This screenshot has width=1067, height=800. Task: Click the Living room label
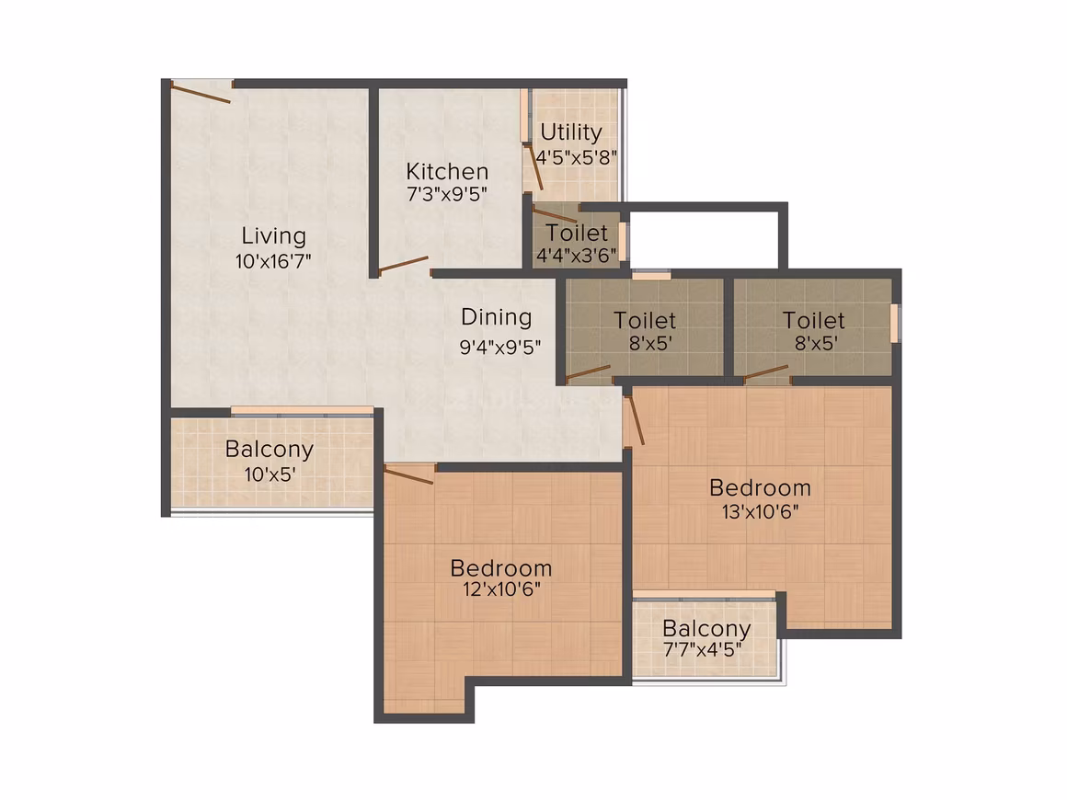pos(273,236)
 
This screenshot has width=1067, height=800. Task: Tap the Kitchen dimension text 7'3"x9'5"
pos(447,195)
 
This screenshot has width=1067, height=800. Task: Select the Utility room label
pos(571,132)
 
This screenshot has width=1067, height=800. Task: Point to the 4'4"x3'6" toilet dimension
pos(577,255)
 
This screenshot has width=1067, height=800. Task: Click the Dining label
pos(496,317)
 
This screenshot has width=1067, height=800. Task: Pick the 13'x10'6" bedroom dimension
pos(760,511)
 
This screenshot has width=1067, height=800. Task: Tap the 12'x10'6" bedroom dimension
pos(501,589)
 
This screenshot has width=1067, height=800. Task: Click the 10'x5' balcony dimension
pos(270,474)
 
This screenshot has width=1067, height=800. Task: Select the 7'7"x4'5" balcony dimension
pos(702,650)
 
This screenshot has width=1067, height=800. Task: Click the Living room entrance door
pos(201,93)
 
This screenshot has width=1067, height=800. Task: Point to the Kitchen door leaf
pos(404,265)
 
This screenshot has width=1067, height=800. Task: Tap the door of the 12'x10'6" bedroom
pos(409,474)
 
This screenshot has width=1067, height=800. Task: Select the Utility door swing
pos(534,166)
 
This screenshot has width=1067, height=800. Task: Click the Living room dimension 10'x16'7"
pos(273,261)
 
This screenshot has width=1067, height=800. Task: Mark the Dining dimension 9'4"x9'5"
pos(500,348)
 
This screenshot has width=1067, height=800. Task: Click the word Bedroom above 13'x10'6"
pos(760,487)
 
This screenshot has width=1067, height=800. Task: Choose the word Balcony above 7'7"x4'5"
pos(706,629)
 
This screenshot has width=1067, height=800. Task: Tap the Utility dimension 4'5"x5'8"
pos(577,158)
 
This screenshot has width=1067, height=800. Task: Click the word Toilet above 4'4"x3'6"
pos(577,234)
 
